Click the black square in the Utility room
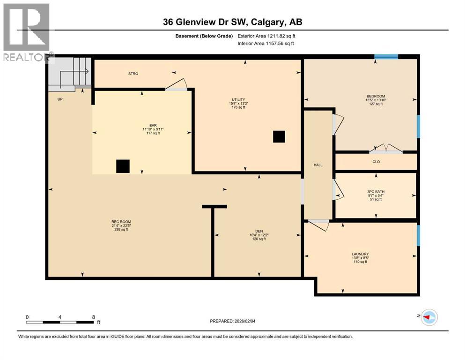pos(279,136)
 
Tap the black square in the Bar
pos(123,166)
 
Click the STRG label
pos(133,74)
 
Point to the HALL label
pos(318,165)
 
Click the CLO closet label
pos(376,162)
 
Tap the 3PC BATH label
pos(376,191)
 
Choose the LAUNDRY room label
pos(360,254)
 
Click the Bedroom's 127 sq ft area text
pos(376,104)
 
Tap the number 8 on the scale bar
pos(94,317)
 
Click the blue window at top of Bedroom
pos(386,57)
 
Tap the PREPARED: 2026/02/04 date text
pos(233,321)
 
